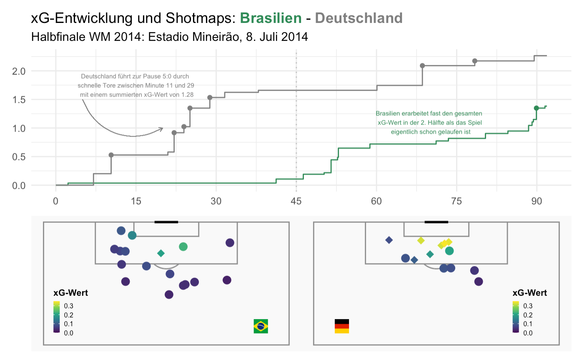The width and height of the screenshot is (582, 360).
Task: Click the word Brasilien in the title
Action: pyautogui.click(x=271, y=18)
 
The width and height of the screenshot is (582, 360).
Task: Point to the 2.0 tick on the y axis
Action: pyautogui.click(x=19, y=71)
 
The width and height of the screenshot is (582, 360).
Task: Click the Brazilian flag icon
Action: pyautogui.click(x=261, y=326)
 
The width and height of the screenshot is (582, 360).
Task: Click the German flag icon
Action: pyautogui.click(x=342, y=326)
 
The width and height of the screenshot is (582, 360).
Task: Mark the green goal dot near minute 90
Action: pyautogui.click(x=536, y=108)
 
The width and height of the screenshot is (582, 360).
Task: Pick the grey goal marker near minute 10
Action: pyautogui.click(x=111, y=155)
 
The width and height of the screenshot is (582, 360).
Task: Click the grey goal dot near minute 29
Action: pyautogui.click(x=210, y=97)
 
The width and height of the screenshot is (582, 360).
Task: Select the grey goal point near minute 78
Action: pyautogui.click(x=474, y=61)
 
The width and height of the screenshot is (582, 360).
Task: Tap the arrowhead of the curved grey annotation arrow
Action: pyautogui.click(x=161, y=129)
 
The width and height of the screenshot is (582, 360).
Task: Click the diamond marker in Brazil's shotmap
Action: pyautogui.click(x=161, y=253)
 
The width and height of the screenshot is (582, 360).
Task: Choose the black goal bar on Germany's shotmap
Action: pyautogui.click(x=436, y=222)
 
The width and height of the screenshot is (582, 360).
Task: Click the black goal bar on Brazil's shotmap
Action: pyautogui.click(x=166, y=222)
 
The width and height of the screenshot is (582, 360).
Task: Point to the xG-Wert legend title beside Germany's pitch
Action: pyautogui.click(x=529, y=293)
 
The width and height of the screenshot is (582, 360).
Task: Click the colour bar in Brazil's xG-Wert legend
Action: pyautogui.click(x=57, y=317)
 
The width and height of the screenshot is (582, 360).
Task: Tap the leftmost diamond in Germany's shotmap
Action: pyautogui.click(x=389, y=240)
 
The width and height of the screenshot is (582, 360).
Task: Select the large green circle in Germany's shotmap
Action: pyautogui.click(x=449, y=251)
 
